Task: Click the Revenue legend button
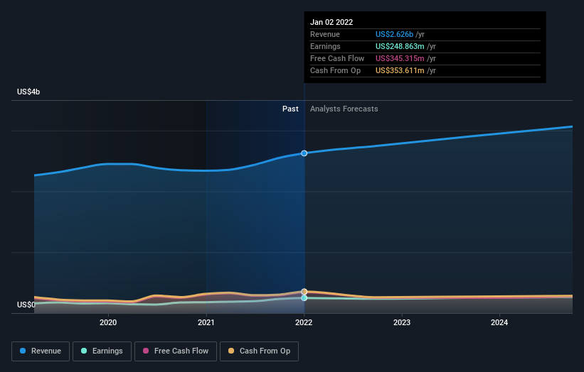[x=41, y=351]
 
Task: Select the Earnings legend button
[x=102, y=351]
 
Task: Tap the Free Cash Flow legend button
[x=175, y=351]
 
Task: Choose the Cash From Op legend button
[x=260, y=351]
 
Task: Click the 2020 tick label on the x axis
[x=108, y=322]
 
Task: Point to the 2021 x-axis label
[x=206, y=322]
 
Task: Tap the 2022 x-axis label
[x=304, y=322]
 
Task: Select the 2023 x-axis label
[x=402, y=322]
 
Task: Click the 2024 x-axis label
[x=499, y=322]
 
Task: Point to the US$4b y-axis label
[x=28, y=92]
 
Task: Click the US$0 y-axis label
[x=26, y=305]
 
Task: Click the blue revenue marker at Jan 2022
[x=304, y=153]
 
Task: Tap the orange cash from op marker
[x=304, y=292]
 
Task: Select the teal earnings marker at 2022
[x=304, y=298]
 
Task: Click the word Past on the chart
[x=290, y=109]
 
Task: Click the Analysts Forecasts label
[x=344, y=109]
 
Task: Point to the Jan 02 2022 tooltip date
[x=331, y=22]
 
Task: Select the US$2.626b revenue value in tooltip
[x=400, y=34]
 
